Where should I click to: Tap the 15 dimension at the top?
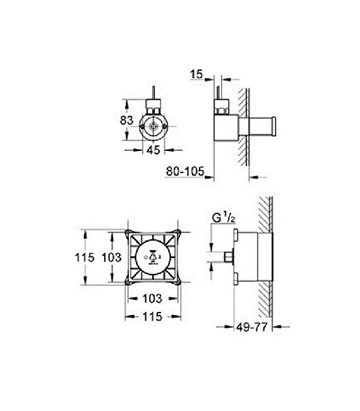pyautogui.click(x=196, y=74)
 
